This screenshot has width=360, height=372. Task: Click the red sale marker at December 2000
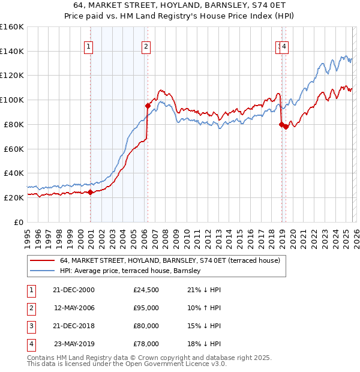pos(90,192)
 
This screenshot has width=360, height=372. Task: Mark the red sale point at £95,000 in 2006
pos(148,106)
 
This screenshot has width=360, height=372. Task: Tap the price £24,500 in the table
pos(146,290)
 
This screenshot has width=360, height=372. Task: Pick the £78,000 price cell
pos(146,344)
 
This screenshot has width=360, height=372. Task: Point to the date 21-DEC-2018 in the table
pos(74,326)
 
